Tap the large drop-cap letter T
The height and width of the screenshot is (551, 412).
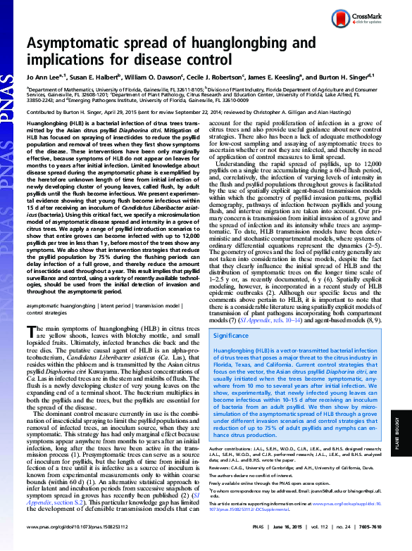pyautogui.click(x=32, y=331)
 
